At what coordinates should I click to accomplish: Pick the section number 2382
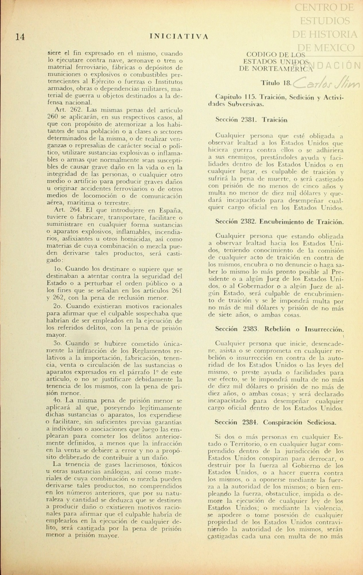pos(251,222)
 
